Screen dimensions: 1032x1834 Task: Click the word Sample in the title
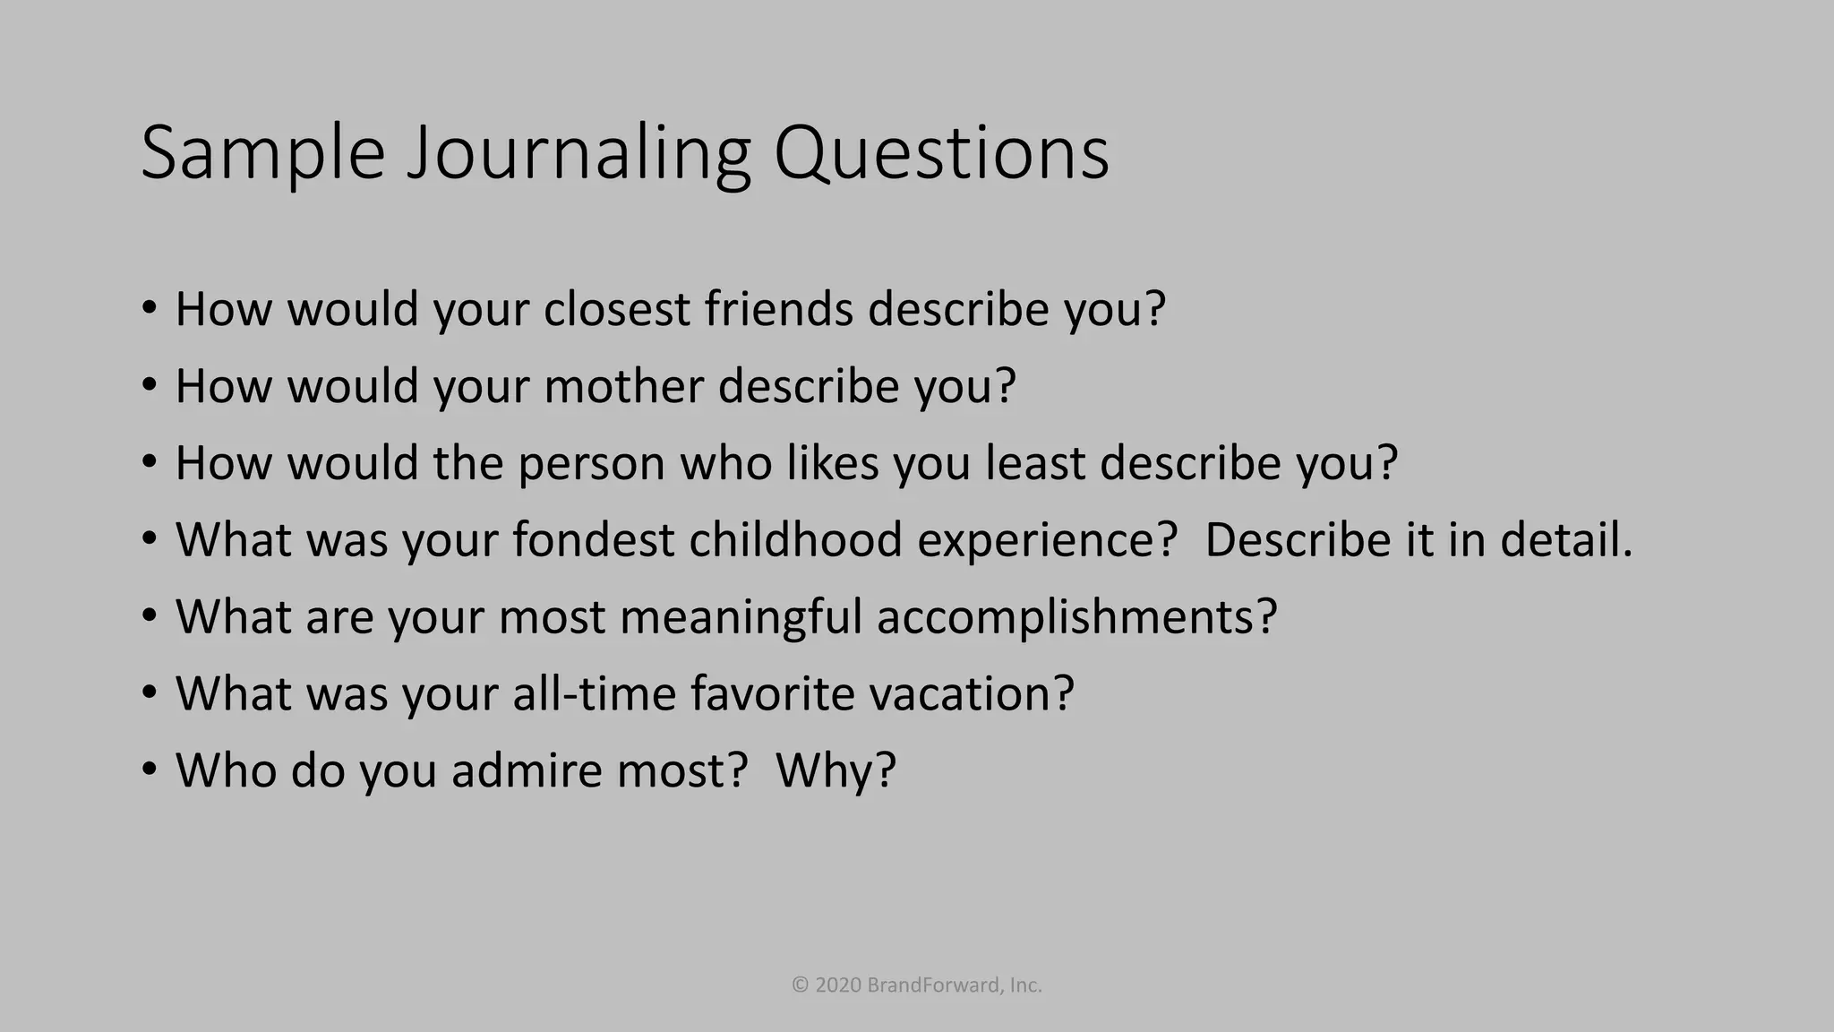pyautogui.click(x=262, y=154)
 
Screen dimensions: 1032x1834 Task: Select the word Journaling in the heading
pyautogui.click(x=578, y=154)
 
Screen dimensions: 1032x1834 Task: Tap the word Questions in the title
pyautogui.click(x=941, y=154)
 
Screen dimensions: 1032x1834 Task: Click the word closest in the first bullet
pyautogui.click(x=617, y=309)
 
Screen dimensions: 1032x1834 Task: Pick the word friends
pyautogui.click(x=778, y=309)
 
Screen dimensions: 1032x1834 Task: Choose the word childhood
pyautogui.click(x=795, y=540)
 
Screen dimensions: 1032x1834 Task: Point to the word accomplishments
pyautogui.click(x=1076, y=617)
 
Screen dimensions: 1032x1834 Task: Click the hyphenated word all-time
pyautogui.click(x=594, y=693)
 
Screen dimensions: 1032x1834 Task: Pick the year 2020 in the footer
pyautogui.click(x=839, y=985)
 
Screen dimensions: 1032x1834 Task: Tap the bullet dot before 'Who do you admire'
pyautogui.click(x=150, y=769)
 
